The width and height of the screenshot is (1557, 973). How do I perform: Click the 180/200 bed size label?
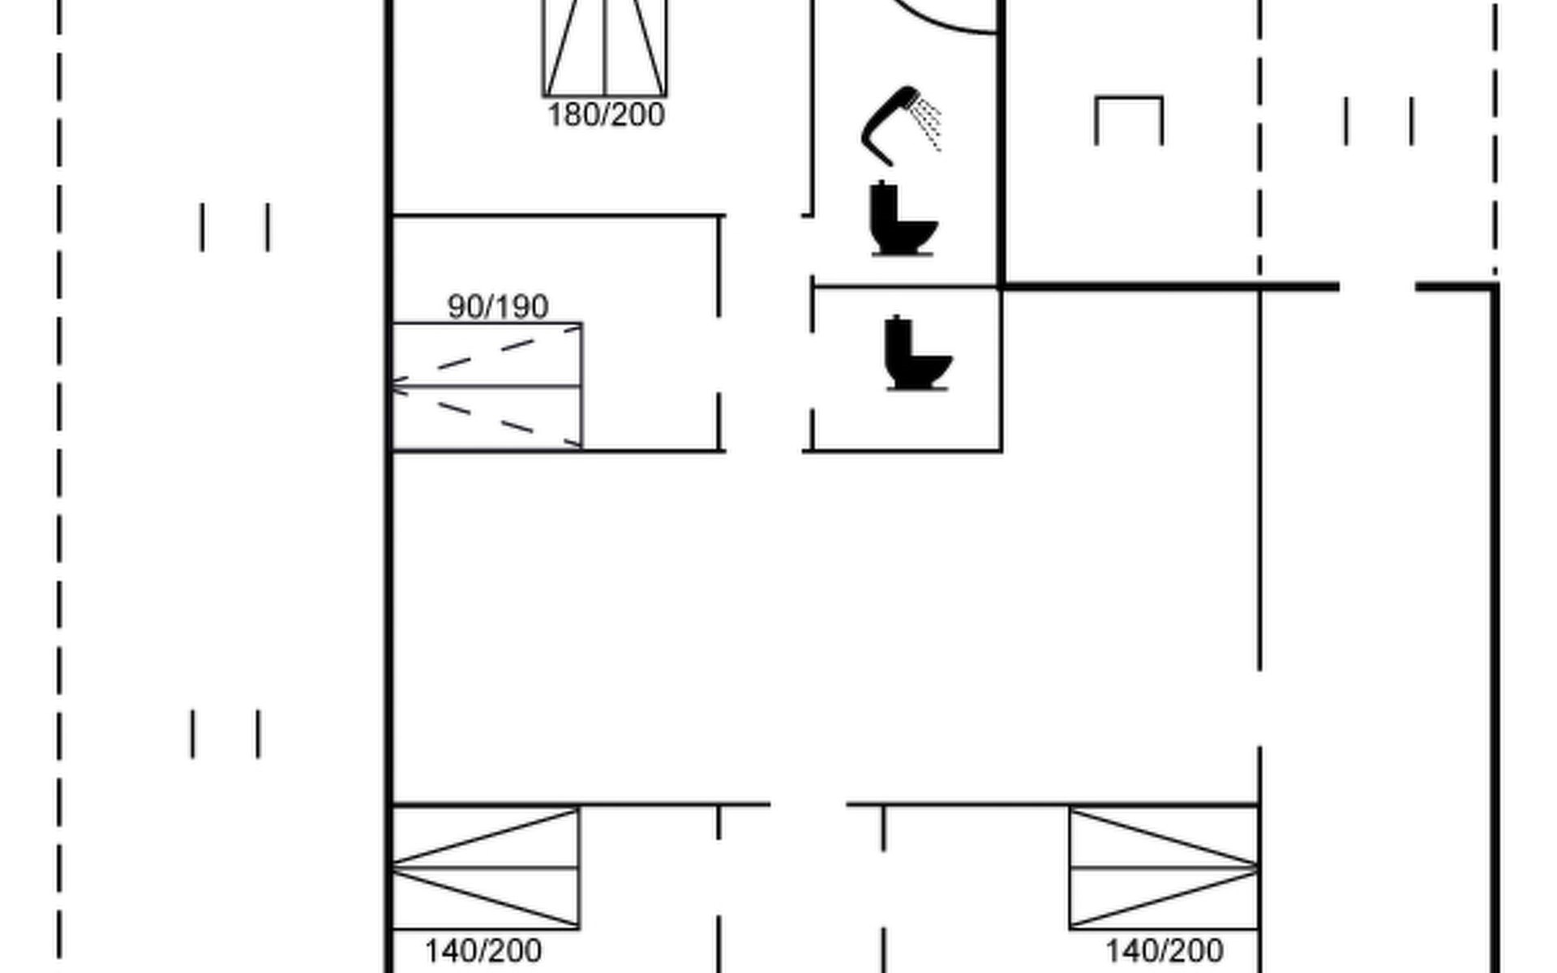(x=607, y=115)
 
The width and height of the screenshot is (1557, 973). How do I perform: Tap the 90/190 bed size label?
(x=498, y=306)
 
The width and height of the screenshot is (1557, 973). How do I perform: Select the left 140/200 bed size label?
(x=483, y=951)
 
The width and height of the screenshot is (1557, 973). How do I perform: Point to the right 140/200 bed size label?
(x=1165, y=951)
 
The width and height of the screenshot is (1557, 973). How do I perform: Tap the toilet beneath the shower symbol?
(x=903, y=219)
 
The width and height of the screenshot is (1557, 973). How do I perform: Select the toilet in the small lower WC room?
(x=917, y=354)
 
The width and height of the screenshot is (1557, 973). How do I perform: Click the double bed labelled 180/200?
(x=605, y=49)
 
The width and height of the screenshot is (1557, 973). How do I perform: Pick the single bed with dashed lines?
(x=487, y=386)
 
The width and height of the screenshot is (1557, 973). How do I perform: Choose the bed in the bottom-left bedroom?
(x=486, y=868)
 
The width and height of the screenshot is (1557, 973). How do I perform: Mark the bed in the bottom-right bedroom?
(x=1164, y=868)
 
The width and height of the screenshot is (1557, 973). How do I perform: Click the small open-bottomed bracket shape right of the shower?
(x=1129, y=98)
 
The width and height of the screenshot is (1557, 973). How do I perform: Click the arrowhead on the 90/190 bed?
(x=398, y=387)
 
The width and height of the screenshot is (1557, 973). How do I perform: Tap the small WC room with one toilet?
(x=907, y=369)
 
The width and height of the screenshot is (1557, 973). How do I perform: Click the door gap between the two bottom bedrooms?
(x=809, y=805)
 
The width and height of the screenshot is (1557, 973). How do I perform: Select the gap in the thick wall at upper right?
(x=1377, y=286)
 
